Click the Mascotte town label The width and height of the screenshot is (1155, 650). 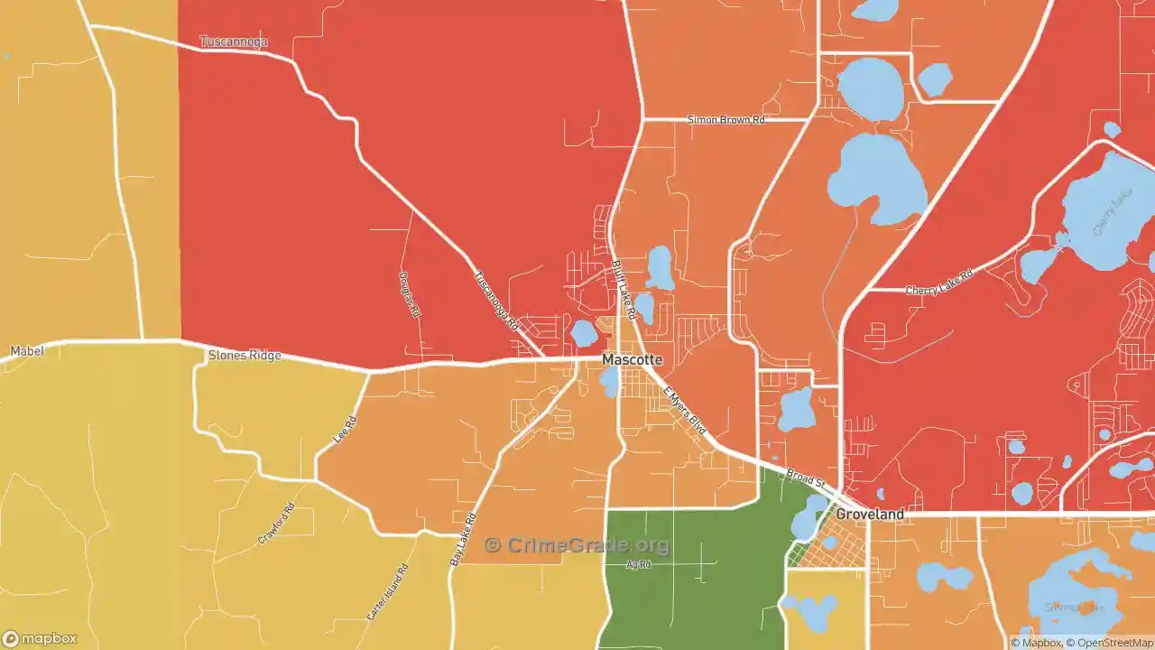[632, 359]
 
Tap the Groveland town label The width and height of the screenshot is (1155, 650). [869, 514]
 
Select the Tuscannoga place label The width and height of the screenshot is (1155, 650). [233, 42]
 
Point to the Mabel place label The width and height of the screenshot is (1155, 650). [27, 350]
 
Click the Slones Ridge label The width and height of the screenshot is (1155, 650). [245, 356]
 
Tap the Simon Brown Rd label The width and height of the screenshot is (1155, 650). [725, 119]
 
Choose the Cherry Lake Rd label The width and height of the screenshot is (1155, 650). [939, 282]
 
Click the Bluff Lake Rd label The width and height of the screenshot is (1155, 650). [624, 290]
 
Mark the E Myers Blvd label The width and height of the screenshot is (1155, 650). [685, 411]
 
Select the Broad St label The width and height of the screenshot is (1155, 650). [806, 479]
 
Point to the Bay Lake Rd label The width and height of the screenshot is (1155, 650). [462, 540]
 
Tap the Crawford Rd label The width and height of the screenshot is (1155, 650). [276, 523]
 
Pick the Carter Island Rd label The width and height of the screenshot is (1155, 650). [387, 592]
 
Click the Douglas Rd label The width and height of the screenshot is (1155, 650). [409, 294]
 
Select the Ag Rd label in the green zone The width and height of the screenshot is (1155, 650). [638, 565]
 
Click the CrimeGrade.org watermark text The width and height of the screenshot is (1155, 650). [577, 545]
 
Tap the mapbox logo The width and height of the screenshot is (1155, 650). [40, 639]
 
